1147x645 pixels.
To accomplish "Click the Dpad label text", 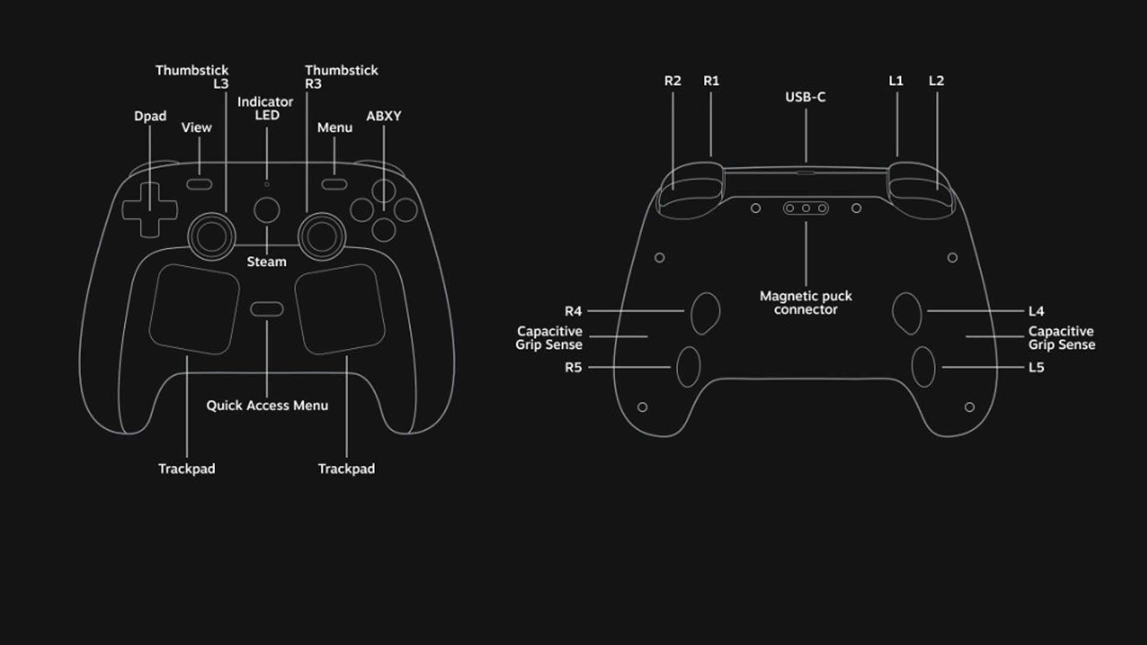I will tap(150, 116).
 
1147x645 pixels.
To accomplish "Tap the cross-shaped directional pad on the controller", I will tap(149, 210).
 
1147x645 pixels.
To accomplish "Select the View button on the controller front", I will tap(199, 184).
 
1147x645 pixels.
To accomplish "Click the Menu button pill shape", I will tap(334, 184).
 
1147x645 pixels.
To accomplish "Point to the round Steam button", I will tap(266, 210).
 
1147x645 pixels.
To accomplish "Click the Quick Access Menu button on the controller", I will tap(266, 309).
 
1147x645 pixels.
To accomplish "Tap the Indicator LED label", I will tap(265, 109).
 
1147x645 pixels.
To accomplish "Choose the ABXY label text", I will tap(384, 116).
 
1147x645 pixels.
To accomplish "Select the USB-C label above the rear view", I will tap(805, 97).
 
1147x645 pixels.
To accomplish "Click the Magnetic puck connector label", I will tap(805, 303).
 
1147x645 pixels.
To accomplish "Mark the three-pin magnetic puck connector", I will tap(806, 208).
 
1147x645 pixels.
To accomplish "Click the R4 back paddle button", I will tap(705, 312).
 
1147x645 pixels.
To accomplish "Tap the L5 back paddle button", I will tap(923, 367).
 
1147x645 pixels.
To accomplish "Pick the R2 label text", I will tap(673, 81).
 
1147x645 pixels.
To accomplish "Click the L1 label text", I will tap(896, 81).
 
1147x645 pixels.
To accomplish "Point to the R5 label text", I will tap(573, 367).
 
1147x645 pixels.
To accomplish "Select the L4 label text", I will tap(1036, 311).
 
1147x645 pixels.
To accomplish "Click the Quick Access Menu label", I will tap(267, 406).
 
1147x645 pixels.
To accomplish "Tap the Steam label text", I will tap(266, 262).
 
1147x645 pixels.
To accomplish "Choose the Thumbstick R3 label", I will tap(341, 77).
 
